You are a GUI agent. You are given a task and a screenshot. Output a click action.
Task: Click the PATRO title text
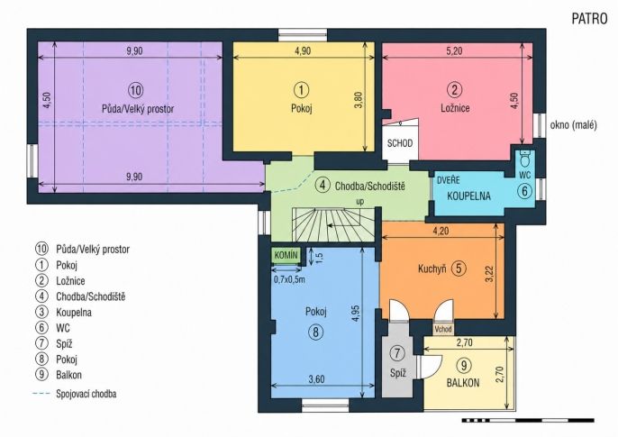tap(589, 19)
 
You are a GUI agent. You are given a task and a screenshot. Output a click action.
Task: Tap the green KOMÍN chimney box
tap(286, 255)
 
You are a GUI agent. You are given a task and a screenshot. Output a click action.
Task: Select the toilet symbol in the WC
tap(524, 159)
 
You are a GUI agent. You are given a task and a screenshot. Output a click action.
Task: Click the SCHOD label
tap(400, 143)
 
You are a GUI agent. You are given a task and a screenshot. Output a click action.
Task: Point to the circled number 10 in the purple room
tap(135, 90)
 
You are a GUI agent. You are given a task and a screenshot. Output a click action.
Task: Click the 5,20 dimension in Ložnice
tap(454, 50)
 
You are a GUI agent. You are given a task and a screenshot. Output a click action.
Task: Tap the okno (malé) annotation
tap(574, 125)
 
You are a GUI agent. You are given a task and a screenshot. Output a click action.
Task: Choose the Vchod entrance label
tap(443, 329)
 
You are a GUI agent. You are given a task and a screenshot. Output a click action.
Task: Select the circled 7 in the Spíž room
tap(397, 353)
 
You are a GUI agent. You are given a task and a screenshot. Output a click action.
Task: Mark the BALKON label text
tap(463, 383)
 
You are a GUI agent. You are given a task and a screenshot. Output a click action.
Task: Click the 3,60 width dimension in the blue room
tap(316, 379)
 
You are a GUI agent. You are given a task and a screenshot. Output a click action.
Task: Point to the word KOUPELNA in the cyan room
tap(468, 196)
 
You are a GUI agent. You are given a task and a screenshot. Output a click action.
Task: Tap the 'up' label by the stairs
tap(360, 202)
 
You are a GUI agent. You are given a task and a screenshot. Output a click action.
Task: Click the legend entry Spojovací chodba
tap(86, 394)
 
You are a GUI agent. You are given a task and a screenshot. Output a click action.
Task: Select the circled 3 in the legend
tap(41, 312)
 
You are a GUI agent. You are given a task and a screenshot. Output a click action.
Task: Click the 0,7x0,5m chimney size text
tap(290, 280)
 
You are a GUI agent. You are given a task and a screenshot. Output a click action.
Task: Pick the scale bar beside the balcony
tap(528, 420)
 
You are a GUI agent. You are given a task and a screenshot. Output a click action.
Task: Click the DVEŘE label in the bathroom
tap(449, 180)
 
